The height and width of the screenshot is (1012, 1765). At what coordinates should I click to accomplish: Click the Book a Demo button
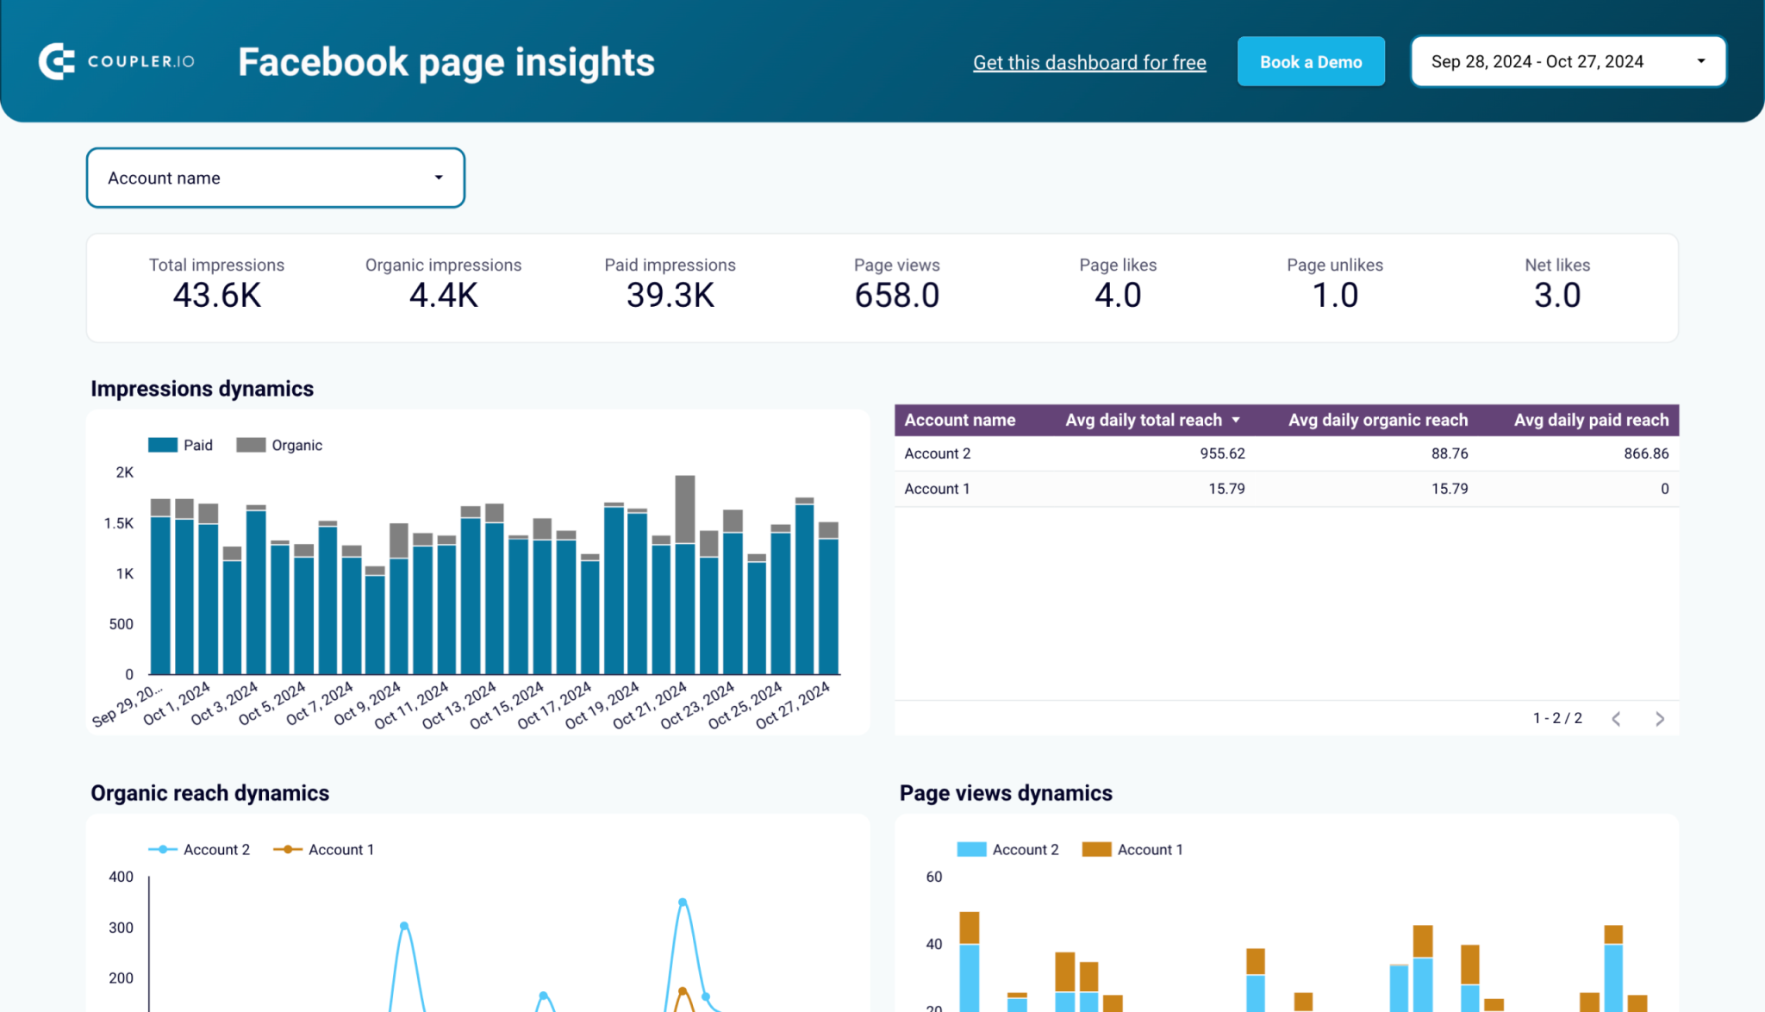click(1310, 62)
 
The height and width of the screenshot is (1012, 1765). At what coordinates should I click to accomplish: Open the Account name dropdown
click(275, 178)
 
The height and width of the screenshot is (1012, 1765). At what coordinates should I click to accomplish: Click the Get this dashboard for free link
click(1089, 62)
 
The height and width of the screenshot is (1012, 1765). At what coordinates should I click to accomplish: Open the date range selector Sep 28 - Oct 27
click(1568, 62)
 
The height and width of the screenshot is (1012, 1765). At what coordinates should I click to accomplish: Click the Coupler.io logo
click(116, 61)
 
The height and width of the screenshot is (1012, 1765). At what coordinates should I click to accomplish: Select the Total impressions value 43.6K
click(216, 296)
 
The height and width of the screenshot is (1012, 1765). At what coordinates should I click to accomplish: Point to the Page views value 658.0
click(896, 296)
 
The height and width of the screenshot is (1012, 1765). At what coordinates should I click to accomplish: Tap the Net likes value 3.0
click(1556, 296)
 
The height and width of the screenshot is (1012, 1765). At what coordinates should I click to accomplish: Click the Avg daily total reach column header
click(1144, 420)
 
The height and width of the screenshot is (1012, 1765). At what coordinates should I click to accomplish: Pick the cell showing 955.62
click(1222, 453)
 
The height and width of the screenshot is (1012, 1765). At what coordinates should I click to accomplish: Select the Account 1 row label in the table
click(937, 489)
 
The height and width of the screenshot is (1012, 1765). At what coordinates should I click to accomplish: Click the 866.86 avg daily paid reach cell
click(1645, 453)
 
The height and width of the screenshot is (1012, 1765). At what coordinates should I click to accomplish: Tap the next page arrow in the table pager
click(1659, 719)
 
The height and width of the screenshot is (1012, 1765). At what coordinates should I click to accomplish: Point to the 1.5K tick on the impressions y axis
click(119, 523)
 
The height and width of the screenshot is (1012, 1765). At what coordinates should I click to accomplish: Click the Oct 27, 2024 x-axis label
click(794, 705)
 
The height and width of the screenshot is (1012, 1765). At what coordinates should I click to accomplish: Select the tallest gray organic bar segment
click(685, 509)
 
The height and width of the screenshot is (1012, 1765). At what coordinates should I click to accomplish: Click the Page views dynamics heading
click(1006, 793)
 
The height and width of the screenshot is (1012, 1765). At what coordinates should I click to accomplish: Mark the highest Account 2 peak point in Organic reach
click(683, 903)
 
